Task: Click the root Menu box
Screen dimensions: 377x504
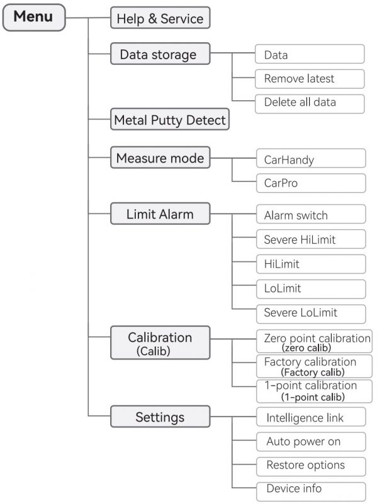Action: (34, 18)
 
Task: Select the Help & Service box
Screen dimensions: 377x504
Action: (160, 18)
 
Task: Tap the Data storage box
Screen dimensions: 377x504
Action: (160, 54)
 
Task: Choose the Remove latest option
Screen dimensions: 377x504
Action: (310, 79)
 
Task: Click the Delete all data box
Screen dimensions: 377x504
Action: (310, 103)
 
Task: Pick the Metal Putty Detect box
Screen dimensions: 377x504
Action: (170, 119)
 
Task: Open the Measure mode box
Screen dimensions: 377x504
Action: (160, 157)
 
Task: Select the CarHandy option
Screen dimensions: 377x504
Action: (311, 158)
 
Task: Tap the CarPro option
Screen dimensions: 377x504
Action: (311, 183)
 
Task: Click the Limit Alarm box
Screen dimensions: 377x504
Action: (160, 214)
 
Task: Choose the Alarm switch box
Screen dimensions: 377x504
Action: (311, 214)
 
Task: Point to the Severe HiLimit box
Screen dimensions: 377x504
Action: (311, 239)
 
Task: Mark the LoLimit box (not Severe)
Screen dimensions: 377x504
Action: (311, 289)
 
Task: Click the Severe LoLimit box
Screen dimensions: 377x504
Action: (311, 314)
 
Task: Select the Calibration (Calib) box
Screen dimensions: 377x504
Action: (160, 343)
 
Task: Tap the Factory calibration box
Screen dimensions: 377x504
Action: (314, 366)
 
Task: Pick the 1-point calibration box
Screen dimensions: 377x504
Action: (314, 391)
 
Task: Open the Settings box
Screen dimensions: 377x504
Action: (160, 416)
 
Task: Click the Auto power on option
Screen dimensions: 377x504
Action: (311, 442)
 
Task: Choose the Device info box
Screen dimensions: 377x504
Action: (311, 491)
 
